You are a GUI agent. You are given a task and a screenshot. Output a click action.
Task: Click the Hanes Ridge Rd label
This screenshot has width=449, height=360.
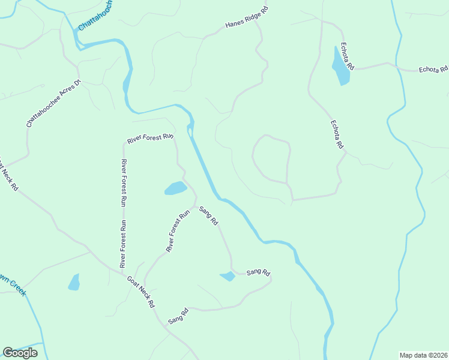246,18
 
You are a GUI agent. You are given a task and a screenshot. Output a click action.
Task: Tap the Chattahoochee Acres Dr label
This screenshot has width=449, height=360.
53,103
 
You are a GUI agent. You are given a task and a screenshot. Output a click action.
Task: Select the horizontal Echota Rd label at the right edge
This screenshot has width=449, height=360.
432,70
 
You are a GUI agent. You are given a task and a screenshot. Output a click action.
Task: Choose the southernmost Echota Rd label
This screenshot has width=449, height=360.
337,134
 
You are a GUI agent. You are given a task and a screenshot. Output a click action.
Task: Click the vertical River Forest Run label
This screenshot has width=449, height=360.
123,213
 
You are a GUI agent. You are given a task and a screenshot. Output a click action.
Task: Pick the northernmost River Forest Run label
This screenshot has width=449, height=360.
150,139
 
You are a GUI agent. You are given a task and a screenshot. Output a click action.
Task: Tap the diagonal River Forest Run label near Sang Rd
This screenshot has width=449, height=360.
178,230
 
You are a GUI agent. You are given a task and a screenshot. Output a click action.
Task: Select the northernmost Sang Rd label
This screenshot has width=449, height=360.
208,215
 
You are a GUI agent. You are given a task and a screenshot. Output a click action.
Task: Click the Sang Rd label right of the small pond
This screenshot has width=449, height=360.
259,272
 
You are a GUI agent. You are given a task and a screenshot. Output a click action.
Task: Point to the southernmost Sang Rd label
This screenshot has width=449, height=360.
178,316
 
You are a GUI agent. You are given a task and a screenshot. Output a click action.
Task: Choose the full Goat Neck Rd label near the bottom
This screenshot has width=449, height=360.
140,292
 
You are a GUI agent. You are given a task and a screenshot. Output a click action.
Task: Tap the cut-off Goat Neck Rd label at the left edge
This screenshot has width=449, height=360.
8,176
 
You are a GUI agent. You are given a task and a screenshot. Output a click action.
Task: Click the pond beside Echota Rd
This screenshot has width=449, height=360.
340,66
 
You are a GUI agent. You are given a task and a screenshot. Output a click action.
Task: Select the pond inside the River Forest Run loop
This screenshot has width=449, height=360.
175,188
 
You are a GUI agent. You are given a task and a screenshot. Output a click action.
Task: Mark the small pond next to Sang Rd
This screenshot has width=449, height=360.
228,276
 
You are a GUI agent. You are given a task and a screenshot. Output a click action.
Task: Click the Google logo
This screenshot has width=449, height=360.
20,353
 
